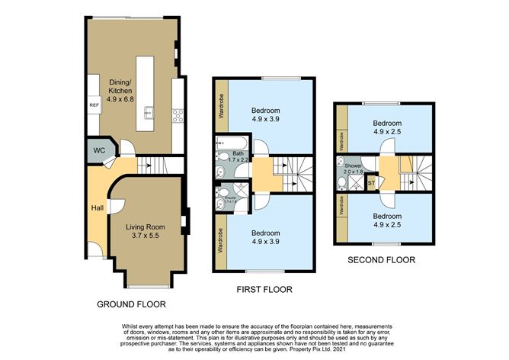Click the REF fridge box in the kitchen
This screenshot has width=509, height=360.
[94, 105]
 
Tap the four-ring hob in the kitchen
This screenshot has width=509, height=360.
[178, 116]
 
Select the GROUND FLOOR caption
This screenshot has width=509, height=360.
[131, 304]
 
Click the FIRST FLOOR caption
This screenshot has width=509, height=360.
[264, 290]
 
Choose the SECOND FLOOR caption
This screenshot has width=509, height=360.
[381, 260]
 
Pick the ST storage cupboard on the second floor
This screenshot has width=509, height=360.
[371, 182]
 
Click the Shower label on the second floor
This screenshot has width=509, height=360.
[353, 166]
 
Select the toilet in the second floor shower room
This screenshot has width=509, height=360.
[341, 183]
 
